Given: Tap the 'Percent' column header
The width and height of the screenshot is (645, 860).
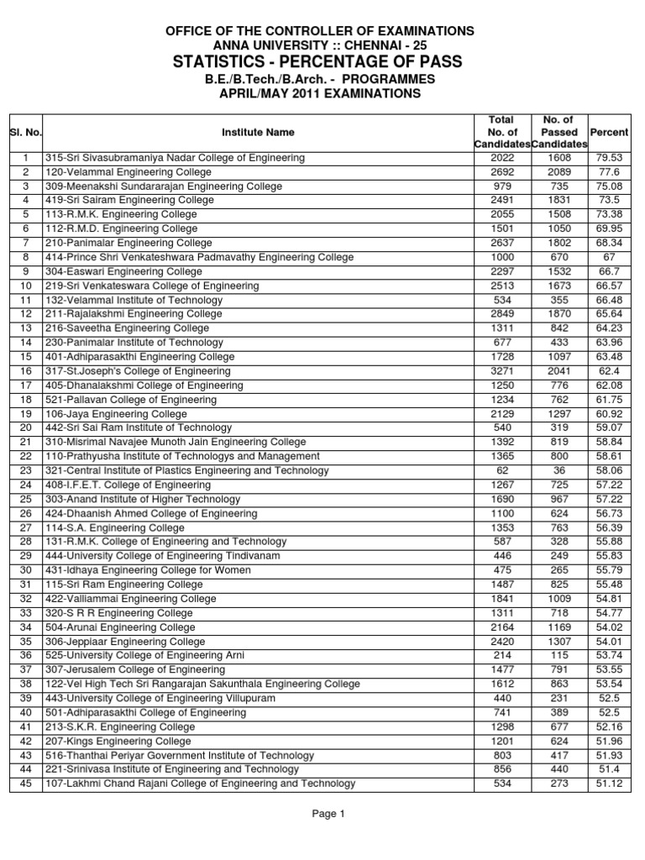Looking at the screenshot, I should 610,133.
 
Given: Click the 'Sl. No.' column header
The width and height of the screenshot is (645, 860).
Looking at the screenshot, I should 26,133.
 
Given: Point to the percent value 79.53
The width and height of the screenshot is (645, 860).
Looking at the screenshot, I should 610,158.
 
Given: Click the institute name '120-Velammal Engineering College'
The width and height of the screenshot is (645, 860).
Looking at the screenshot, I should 122,172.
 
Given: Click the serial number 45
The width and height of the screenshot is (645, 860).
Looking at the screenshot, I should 26,784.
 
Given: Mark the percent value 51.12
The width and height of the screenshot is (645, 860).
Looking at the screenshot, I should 610,784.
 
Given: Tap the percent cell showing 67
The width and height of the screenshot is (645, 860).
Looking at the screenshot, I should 610,257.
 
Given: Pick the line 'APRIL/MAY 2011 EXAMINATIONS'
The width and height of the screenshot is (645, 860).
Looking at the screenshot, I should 322,95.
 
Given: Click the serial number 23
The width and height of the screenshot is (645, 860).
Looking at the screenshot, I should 26,470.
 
